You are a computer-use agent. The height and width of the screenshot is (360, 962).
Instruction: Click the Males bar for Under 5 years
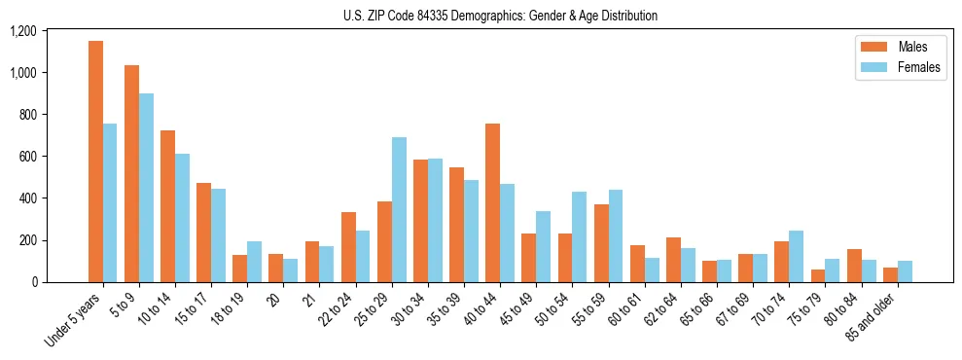[x=95, y=162]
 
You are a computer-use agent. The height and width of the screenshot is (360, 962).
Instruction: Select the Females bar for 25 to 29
[x=399, y=209]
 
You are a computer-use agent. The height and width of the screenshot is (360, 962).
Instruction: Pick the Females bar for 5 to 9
[x=146, y=188]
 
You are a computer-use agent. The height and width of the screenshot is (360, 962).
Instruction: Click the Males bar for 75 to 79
[x=817, y=275]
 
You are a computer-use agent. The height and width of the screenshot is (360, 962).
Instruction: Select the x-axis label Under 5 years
[x=73, y=320]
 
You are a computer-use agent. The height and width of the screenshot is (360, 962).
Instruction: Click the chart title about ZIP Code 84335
[x=500, y=16]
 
